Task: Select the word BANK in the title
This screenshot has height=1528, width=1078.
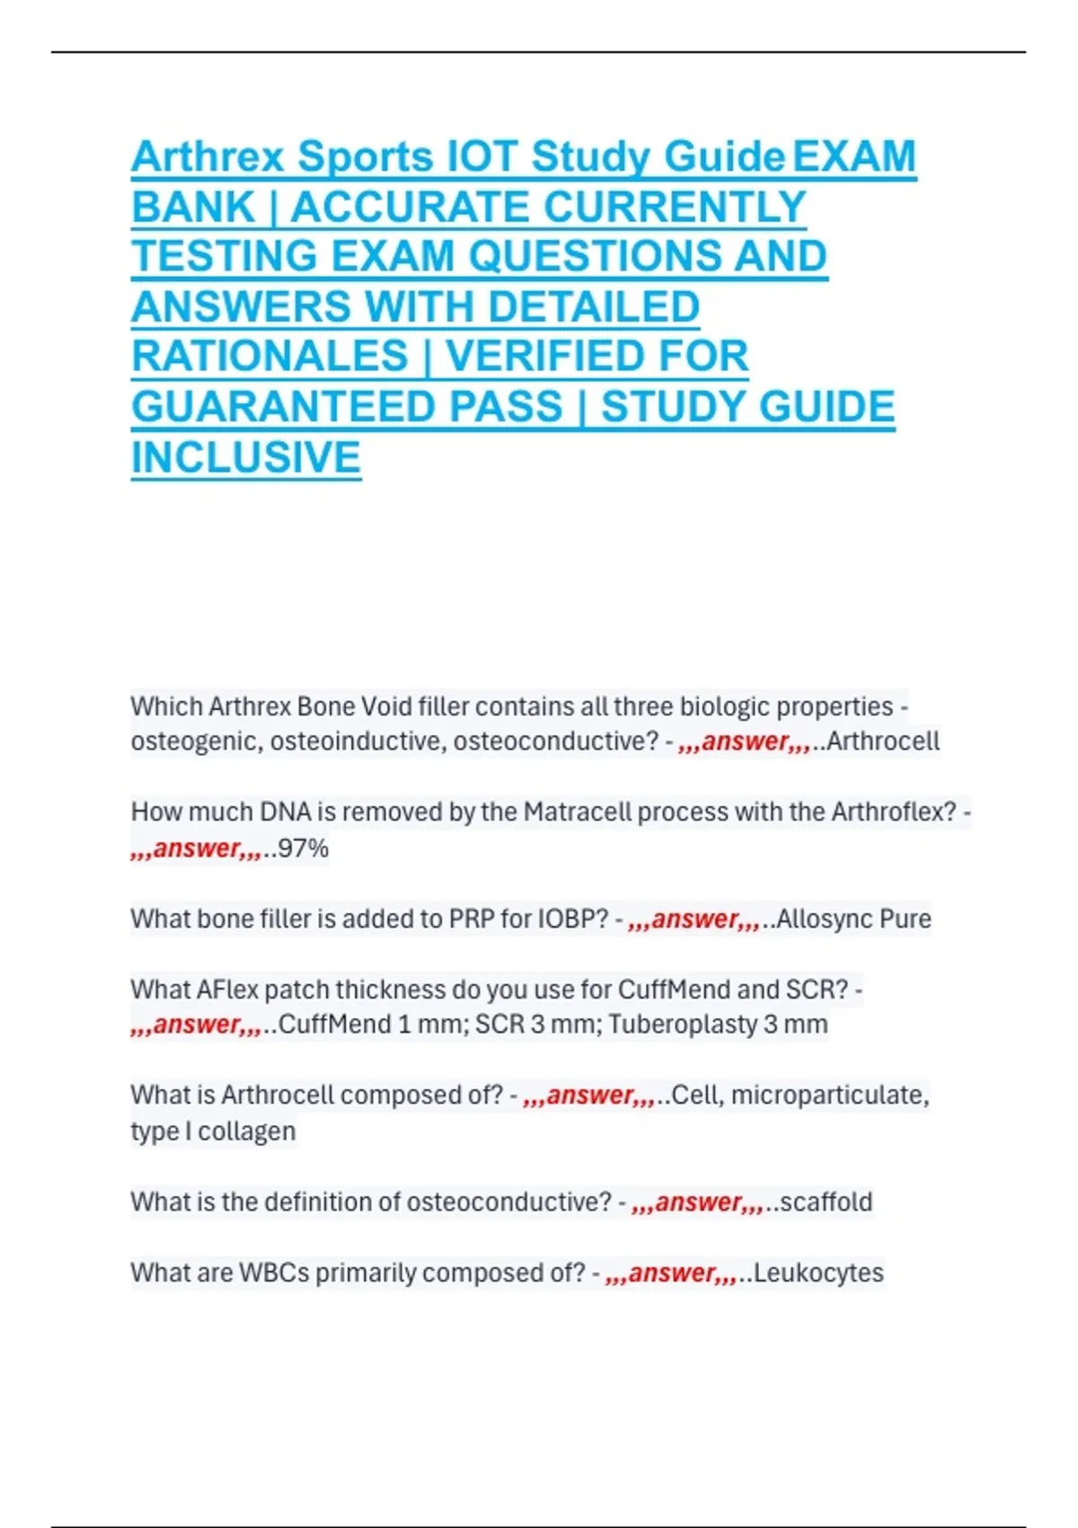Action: (193, 208)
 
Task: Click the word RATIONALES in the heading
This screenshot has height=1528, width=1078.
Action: (269, 357)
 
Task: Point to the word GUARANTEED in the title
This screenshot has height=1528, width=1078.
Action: (347, 407)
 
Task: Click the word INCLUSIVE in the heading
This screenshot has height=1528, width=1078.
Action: (246, 458)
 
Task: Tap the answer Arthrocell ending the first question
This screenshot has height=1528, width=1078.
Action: (882, 742)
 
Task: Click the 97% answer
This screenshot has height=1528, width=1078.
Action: (304, 848)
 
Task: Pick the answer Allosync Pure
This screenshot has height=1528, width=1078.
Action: (853, 919)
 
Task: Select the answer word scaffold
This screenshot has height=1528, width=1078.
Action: (826, 1202)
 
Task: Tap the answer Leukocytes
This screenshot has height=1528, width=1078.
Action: (818, 1273)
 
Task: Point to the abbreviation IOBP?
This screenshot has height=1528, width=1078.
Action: (573, 919)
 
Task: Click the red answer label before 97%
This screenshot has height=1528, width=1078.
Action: (196, 848)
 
